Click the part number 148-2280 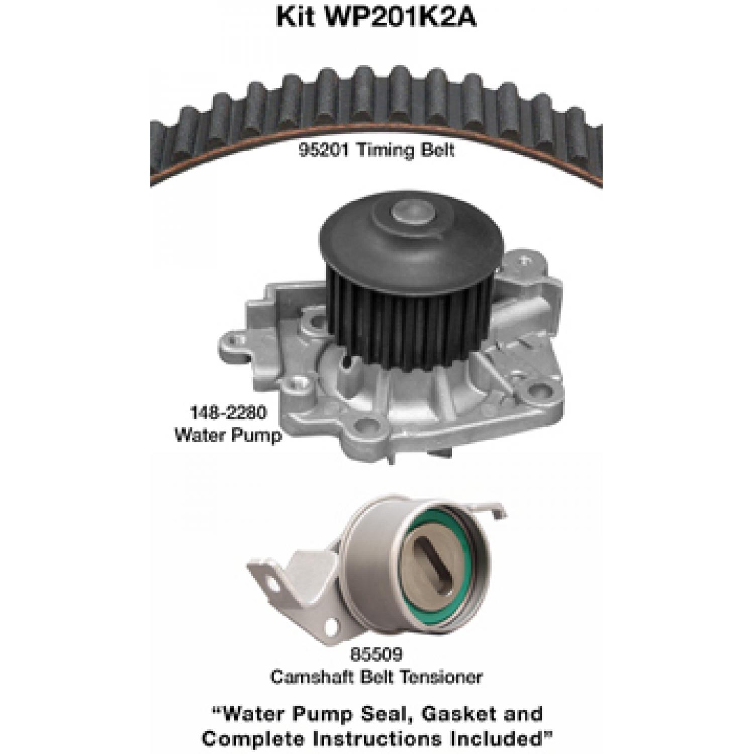point(228,413)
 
